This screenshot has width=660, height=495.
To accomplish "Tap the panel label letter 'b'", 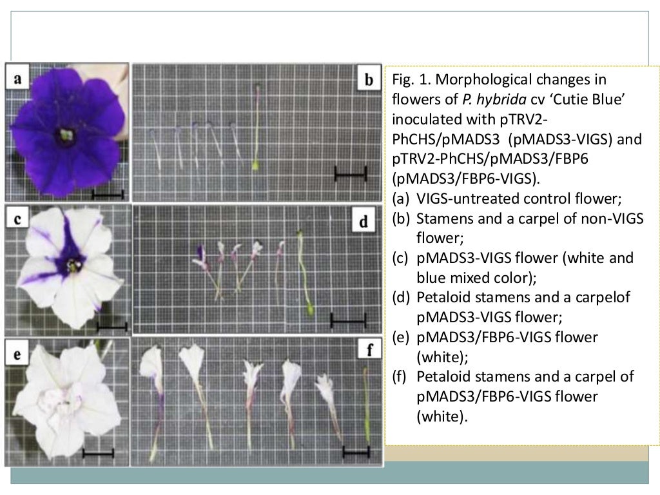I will [369, 80].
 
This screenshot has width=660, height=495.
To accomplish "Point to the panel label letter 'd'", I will [364, 222].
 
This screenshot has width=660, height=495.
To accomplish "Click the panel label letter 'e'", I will [18, 353].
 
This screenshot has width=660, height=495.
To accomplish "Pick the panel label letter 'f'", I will [369, 351].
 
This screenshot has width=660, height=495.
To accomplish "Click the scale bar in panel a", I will [107, 193].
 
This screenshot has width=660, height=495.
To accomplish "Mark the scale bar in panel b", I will [351, 173].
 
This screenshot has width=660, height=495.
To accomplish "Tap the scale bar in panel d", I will [348, 319].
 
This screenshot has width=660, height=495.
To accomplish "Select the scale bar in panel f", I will [356, 452].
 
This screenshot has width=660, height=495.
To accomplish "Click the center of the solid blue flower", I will [66, 135].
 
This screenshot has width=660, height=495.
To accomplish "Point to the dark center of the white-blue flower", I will [72, 265].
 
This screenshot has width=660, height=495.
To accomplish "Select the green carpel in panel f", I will [366, 406].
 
